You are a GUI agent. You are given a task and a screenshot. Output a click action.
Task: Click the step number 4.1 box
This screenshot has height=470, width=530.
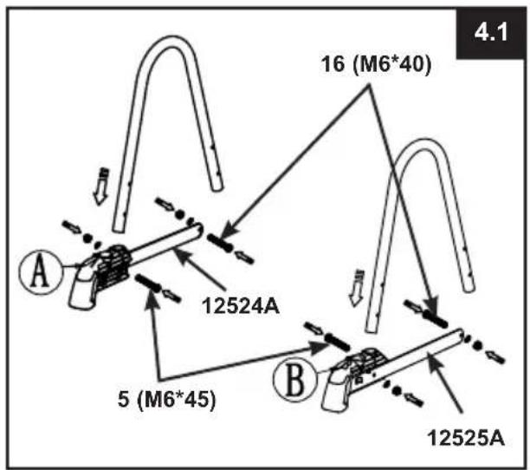point(491,33)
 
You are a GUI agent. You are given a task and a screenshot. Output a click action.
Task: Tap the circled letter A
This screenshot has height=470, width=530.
point(41,272)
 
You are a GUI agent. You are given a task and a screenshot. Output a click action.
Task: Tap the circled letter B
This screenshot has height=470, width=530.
point(294,378)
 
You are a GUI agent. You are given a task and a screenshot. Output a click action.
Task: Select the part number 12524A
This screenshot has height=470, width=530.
point(241,306)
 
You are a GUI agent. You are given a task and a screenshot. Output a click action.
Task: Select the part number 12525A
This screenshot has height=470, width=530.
point(466,439)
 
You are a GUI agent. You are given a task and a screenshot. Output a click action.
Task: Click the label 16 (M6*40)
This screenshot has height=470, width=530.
point(376,63)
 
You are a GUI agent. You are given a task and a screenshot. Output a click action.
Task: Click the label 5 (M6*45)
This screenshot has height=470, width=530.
point(166,399)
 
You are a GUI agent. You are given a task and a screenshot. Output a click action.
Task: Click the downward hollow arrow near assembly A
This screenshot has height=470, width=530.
point(101,186)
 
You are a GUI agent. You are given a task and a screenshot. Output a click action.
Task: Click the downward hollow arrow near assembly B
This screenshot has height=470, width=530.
point(357,288)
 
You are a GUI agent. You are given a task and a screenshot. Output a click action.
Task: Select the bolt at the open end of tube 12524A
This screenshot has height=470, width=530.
point(219,243)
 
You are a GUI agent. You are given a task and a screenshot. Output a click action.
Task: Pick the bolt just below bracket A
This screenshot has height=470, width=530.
point(148,283)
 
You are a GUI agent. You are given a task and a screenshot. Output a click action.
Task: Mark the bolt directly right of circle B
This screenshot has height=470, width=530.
point(338,342)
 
